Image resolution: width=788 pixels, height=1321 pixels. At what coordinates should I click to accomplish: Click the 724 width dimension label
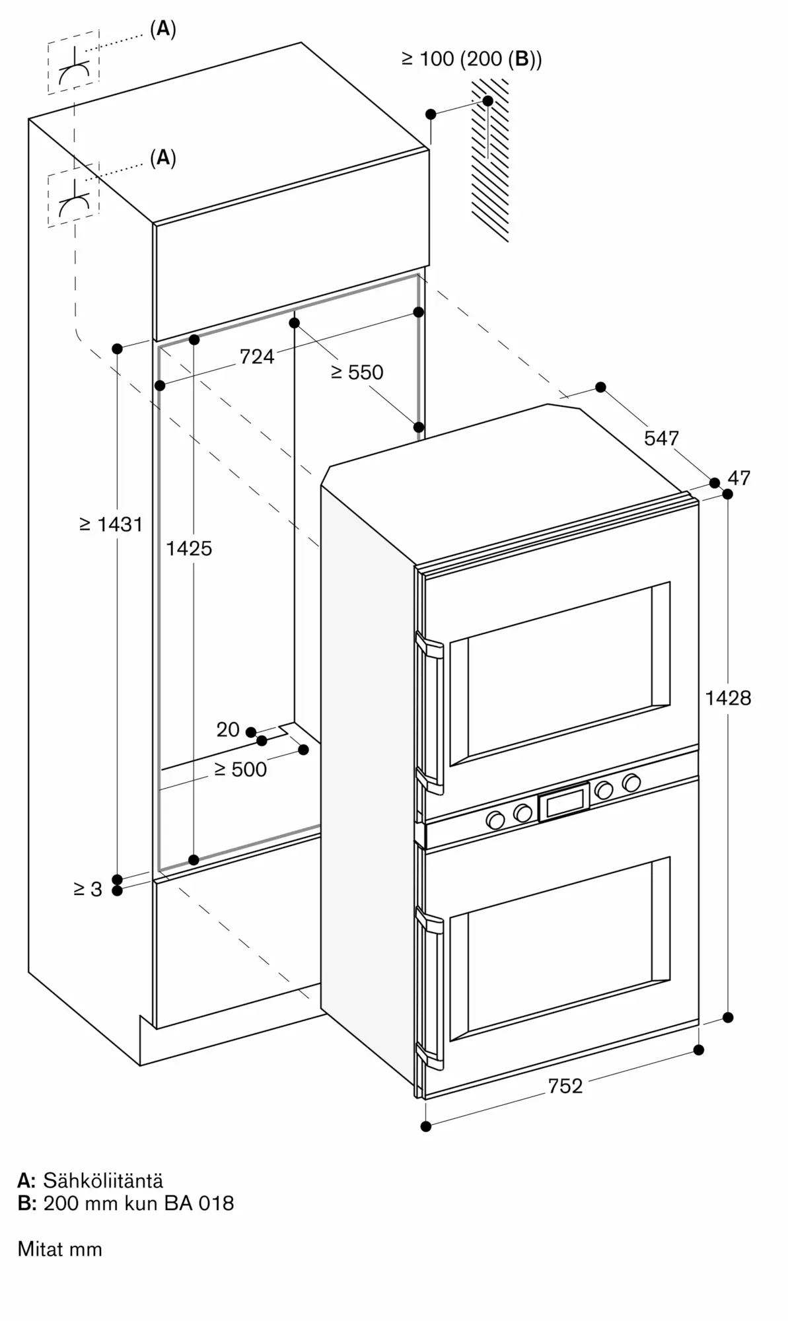[257, 357]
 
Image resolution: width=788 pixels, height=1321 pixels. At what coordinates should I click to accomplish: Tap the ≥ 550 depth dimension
[357, 373]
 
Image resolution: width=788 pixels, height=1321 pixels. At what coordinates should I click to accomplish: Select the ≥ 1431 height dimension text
[111, 524]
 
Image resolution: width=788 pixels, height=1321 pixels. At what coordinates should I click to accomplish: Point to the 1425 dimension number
[189, 548]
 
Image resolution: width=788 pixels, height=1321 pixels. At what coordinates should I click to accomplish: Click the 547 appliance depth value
[661, 438]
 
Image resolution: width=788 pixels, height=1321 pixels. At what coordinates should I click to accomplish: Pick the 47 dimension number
[739, 478]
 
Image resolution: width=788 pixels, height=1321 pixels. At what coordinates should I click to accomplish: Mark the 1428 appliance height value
[728, 698]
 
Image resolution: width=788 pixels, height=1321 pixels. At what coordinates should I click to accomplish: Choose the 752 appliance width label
[565, 1087]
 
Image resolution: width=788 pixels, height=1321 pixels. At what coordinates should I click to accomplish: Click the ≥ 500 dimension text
[240, 769]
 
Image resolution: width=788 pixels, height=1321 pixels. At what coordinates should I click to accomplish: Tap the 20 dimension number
[228, 729]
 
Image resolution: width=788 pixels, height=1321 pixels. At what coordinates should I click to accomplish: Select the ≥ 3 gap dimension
[88, 889]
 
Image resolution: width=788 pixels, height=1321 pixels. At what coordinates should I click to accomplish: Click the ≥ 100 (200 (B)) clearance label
[472, 59]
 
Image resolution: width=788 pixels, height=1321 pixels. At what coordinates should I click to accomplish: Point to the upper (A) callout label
[163, 30]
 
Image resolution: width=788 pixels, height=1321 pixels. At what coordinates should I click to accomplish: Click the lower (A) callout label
[163, 158]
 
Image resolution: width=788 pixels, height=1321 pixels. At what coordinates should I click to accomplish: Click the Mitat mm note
[60, 1249]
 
